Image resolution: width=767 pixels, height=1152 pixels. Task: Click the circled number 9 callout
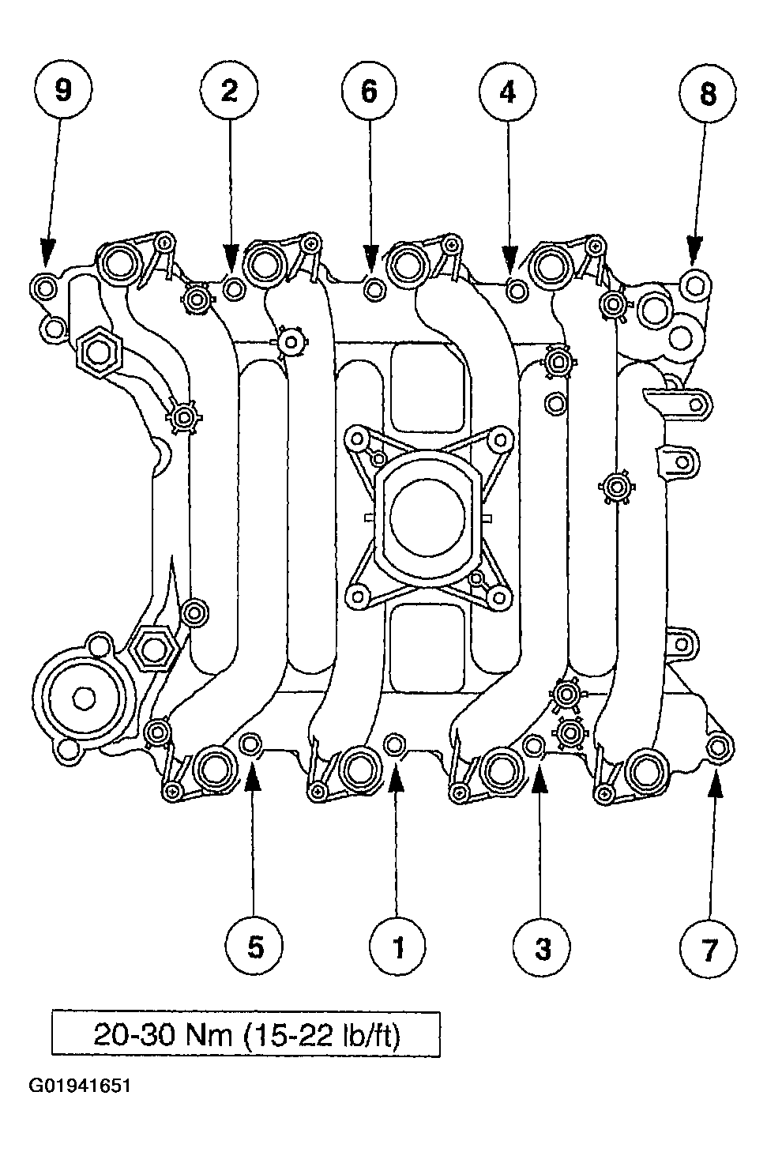click(x=63, y=91)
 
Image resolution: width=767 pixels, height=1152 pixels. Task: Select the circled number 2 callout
click(x=229, y=91)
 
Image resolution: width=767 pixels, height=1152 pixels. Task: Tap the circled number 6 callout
click(x=370, y=92)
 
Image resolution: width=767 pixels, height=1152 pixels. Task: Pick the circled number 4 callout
click(x=507, y=92)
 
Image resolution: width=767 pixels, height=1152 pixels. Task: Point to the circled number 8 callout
click(x=708, y=93)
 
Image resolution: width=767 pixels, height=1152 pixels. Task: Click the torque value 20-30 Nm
click(x=164, y=1036)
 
